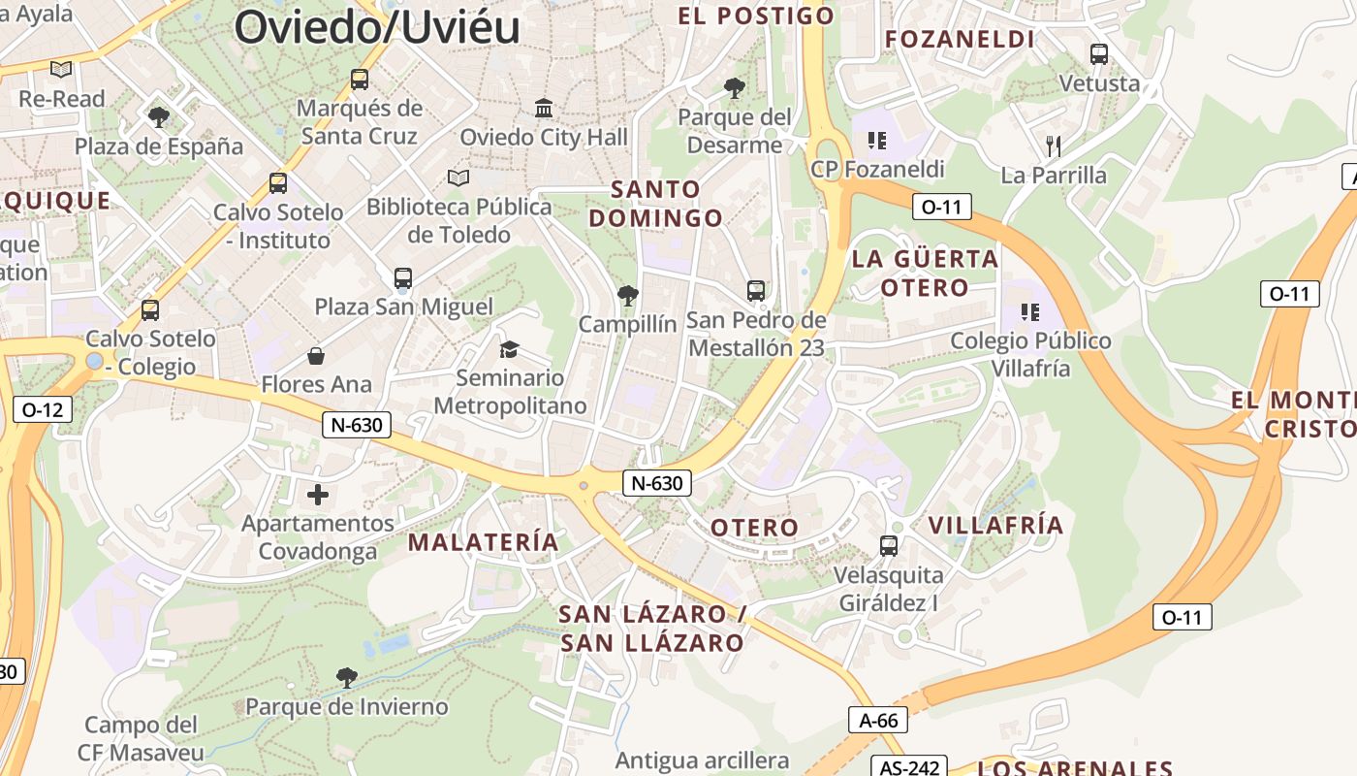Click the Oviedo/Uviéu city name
(377, 26)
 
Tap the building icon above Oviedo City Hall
(544, 108)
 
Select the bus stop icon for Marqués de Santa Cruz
(360, 80)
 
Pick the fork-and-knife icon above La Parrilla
(1054, 146)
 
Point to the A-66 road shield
(878, 720)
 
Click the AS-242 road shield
(909, 767)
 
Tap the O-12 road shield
(42, 409)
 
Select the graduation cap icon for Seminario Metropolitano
(509, 349)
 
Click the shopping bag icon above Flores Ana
(316, 356)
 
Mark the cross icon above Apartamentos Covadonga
(318, 495)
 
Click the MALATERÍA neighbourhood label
(484, 542)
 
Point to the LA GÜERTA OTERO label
(925, 273)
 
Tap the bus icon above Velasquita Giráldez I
(889, 546)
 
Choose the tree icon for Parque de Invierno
(346, 677)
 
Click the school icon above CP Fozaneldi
(877, 141)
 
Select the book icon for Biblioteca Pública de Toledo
(458, 178)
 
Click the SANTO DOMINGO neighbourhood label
(656, 204)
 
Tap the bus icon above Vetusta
(1098, 54)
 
